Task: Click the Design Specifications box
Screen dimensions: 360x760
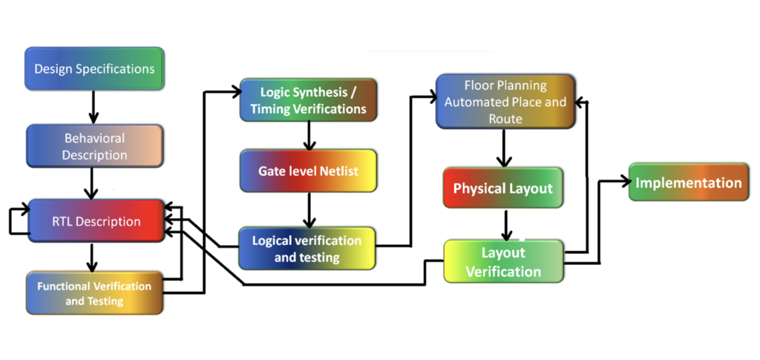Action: click(94, 69)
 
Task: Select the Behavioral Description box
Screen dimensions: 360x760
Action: click(94, 146)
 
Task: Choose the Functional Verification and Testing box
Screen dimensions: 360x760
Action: click(94, 293)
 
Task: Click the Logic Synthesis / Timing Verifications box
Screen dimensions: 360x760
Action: click(308, 100)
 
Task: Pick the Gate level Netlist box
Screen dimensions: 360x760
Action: click(308, 171)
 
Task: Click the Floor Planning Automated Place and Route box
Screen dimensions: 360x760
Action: click(505, 101)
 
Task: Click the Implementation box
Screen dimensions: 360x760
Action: click(688, 183)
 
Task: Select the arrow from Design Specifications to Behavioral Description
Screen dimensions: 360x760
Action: click(94, 108)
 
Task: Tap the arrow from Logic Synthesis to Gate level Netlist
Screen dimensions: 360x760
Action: click(308, 135)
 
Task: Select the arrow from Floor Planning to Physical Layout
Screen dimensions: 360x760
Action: click(505, 148)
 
